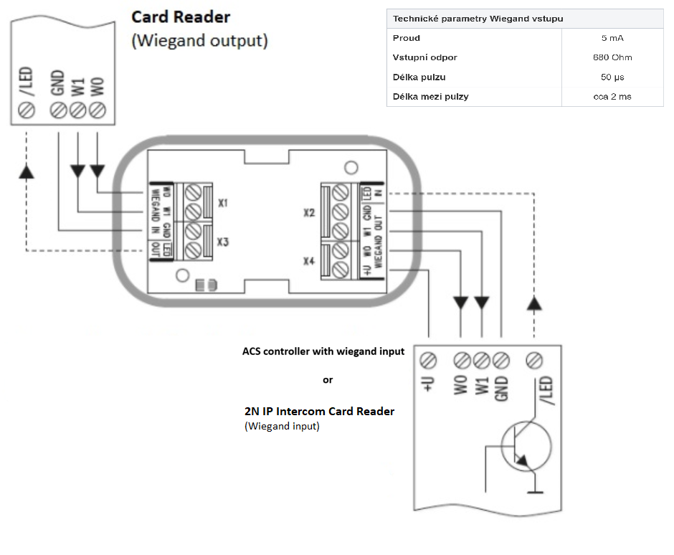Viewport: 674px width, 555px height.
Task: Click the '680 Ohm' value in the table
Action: point(612,57)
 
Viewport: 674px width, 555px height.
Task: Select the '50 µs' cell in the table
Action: point(612,77)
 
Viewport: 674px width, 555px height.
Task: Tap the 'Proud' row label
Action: point(407,38)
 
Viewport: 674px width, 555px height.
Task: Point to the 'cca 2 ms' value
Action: point(612,97)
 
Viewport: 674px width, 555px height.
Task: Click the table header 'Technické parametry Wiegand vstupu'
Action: point(478,19)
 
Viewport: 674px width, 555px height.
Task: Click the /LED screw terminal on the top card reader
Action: point(27,110)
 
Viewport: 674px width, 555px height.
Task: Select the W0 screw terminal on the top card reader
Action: point(98,110)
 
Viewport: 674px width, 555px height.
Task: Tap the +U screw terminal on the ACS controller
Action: point(427,361)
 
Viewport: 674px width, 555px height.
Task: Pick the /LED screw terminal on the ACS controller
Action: point(534,361)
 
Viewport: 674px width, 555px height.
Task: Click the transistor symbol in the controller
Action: point(526,446)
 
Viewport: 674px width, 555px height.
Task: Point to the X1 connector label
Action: point(223,203)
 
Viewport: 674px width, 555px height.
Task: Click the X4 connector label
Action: point(308,261)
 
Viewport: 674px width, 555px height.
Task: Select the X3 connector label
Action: point(223,242)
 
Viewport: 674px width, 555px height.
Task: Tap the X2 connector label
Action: point(308,213)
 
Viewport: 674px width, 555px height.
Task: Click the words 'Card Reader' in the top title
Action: point(181,17)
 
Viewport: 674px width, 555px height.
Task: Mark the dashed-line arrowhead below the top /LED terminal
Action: point(27,172)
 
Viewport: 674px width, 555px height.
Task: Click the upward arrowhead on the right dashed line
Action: point(534,303)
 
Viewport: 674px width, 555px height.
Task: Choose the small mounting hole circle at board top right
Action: point(351,168)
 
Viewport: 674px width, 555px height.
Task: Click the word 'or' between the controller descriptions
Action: point(328,380)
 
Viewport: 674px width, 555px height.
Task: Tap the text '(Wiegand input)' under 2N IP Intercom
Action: point(282,426)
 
